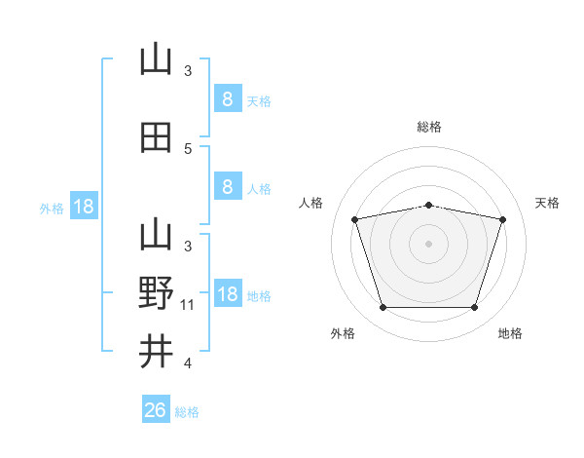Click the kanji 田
[x=156, y=137]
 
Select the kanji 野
[x=156, y=292]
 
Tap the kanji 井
[x=156, y=351]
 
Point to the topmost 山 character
[x=156, y=58]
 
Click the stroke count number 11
[x=187, y=305]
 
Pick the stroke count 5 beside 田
[x=188, y=149]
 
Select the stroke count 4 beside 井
[x=188, y=363]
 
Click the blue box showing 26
[x=156, y=408]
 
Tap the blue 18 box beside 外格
[x=84, y=206]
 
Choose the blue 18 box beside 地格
[x=229, y=292]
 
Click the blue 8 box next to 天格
[x=229, y=98]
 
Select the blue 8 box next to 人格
[x=229, y=186]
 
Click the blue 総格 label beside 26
[x=187, y=412]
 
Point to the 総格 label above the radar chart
[x=429, y=127]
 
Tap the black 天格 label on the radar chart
[x=547, y=203]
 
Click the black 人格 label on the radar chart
[x=310, y=203]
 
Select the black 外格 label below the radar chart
[x=343, y=333]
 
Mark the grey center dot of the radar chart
[x=428, y=244]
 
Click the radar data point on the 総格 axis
[x=428, y=206]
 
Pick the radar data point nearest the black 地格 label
[x=474, y=307]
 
